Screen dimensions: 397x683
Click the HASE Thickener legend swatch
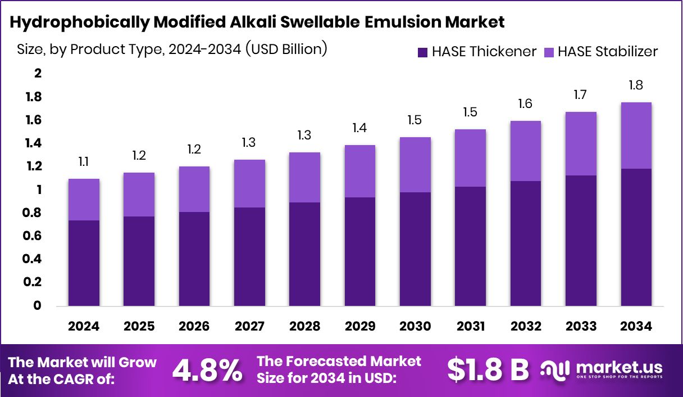pos(423,52)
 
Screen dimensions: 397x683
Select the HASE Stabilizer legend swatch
pos(548,52)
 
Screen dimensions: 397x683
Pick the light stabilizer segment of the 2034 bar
pos(636,136)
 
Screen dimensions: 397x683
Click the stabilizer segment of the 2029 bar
pos(359,171)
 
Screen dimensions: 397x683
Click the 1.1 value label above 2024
pos(84,162)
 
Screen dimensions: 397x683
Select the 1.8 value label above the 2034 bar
pos(636,85)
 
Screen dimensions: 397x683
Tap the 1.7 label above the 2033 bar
pos(580,95)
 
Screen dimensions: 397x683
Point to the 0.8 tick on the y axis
pos(33,213)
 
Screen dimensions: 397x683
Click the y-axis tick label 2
pos(38,74)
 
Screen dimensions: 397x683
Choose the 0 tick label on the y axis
pos(38,306)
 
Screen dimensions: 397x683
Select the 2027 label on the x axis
pos(249,326)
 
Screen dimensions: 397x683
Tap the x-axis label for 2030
pos(415,326)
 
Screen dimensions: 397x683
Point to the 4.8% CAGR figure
pos(207,370)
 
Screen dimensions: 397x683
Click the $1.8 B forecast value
pos(488,370)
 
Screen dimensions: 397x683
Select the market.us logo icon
pos(555,369)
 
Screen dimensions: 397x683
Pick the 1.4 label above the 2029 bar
pos(359,128)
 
